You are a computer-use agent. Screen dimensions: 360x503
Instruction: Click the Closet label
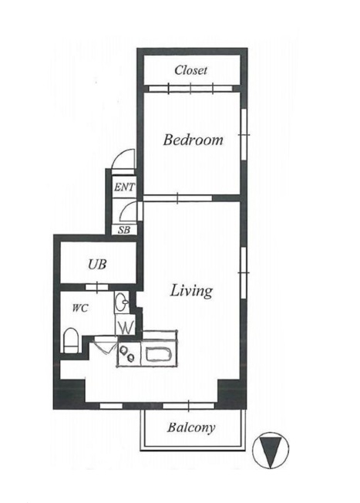[x=190, y=70]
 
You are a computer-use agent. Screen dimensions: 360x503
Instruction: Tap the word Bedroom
[x=193, y=140]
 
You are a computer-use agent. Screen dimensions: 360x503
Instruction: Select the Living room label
[x=191, y=291]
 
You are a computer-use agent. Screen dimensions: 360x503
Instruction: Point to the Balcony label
[x=190, y=427]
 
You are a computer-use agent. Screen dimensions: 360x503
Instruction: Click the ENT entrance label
[x=124, y=187]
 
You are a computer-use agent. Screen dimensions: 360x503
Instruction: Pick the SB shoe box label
[x=124, y=230]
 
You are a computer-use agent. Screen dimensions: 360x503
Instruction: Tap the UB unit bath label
[x=97, y=265]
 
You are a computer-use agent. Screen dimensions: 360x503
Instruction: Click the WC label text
[x=80, y=309]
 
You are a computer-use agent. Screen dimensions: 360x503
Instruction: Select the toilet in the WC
[x=71, y=340]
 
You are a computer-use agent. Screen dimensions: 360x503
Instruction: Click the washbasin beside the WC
[x=122, y=302]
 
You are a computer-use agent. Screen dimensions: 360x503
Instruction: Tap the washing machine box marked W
[x=126, y=325]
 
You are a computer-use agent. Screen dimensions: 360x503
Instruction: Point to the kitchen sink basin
[x=159, y=354]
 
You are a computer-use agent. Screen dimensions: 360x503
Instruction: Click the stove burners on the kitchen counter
[x=127, y=353]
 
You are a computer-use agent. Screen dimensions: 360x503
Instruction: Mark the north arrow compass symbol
[x=271, y=451]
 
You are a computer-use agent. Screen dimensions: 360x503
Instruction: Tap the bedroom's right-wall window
[x=244, y=135]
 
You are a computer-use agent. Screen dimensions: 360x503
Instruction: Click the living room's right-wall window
[x=244, y=273]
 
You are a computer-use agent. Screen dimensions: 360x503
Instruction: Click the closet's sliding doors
[x=190, y=88]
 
